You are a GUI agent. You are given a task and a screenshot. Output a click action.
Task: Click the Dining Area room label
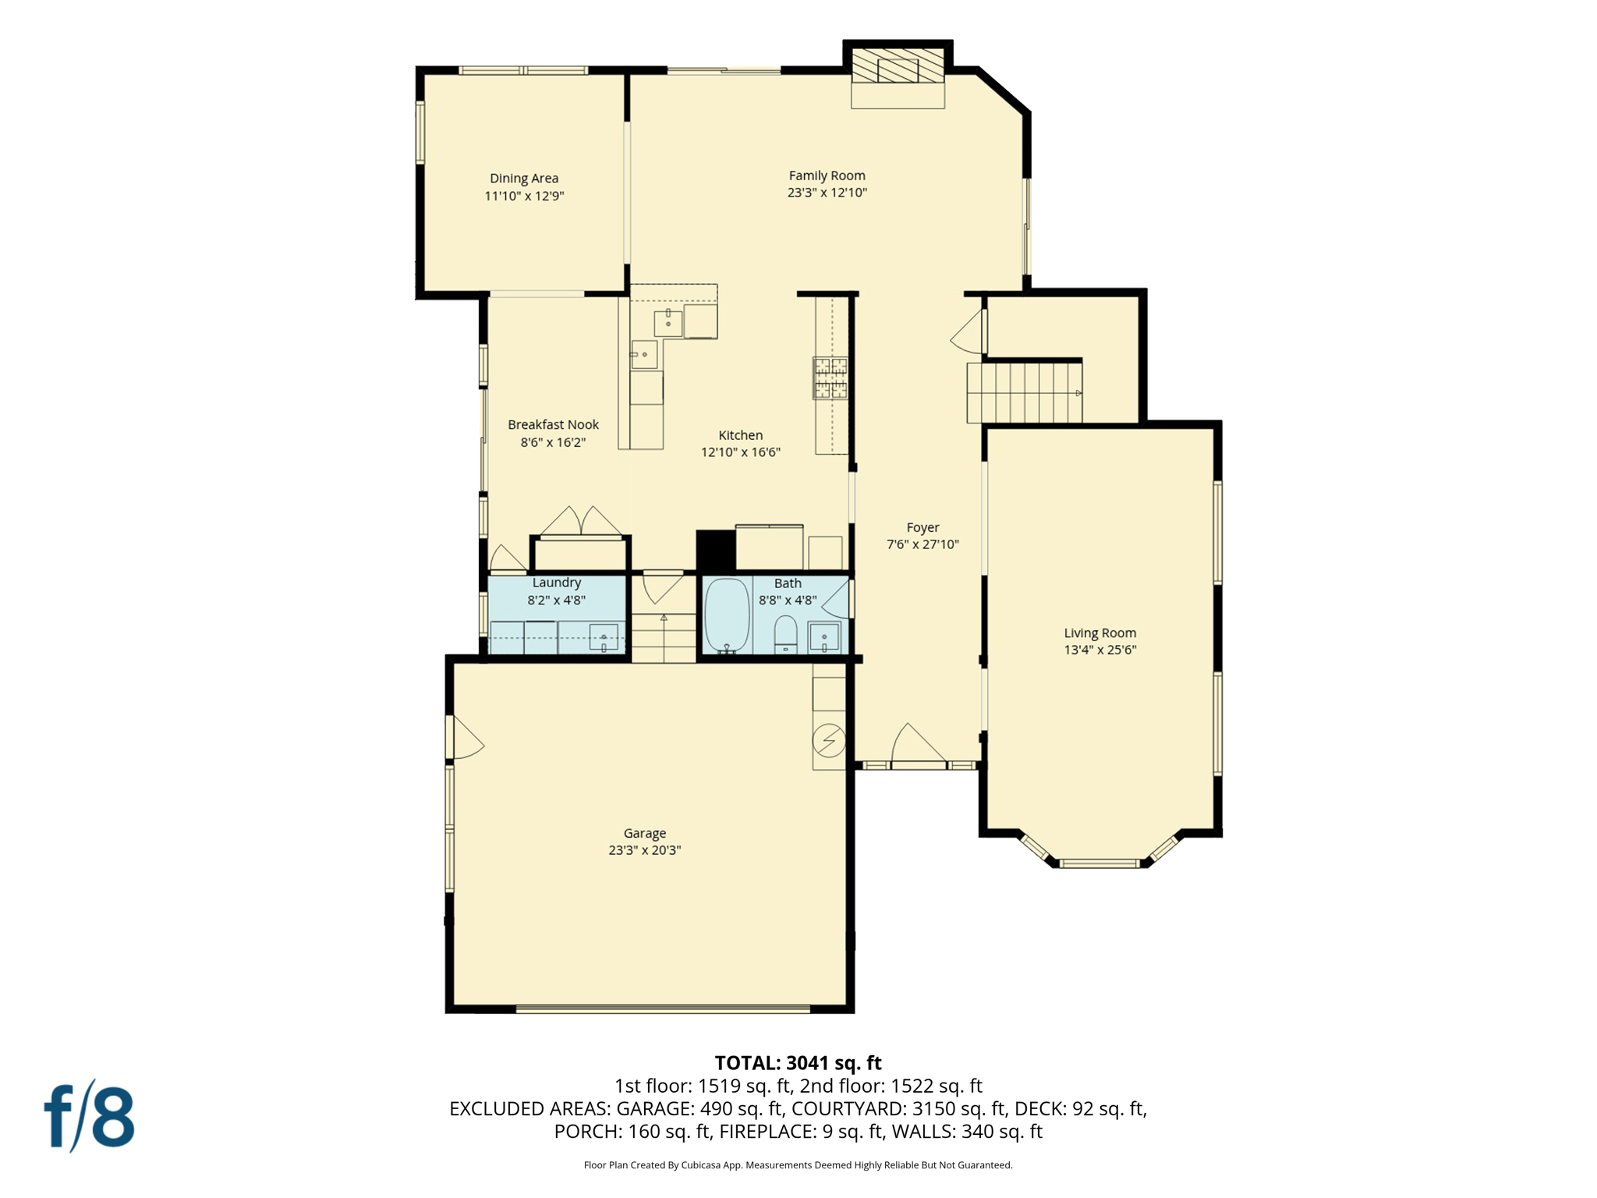click(523, 179)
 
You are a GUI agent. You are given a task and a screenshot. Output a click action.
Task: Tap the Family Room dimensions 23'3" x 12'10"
click(827, 193)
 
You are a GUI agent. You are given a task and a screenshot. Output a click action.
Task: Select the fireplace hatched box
click(897, 67)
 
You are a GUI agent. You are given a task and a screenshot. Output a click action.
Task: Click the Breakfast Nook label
click(553, 425)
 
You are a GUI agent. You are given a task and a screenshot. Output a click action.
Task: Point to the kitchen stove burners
click(830, 378)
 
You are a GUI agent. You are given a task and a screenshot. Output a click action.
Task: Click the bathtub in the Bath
click(727, 615)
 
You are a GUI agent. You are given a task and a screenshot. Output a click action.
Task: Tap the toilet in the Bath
click(785, 633)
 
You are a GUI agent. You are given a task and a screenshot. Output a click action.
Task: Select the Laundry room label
click(556, 583)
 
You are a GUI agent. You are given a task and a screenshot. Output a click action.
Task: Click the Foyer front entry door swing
click(917, 744)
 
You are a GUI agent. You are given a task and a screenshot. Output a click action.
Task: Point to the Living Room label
click(1099, 633)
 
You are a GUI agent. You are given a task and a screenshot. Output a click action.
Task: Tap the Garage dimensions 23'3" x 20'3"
click(644, 850)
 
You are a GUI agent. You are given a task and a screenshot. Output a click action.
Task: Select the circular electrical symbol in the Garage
click(828, 739)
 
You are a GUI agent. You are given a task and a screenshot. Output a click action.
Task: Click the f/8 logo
click(89, 1117)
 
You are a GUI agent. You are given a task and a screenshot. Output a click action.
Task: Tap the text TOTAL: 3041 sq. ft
click(798, 1063)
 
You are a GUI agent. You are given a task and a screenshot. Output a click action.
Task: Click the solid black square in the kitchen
click(715, 550)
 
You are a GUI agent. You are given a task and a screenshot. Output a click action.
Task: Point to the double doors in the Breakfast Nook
click(581, 522)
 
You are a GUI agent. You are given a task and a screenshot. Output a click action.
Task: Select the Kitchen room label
click(740, 435)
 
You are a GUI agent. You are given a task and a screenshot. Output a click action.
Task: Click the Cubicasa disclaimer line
click(798, 1165)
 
